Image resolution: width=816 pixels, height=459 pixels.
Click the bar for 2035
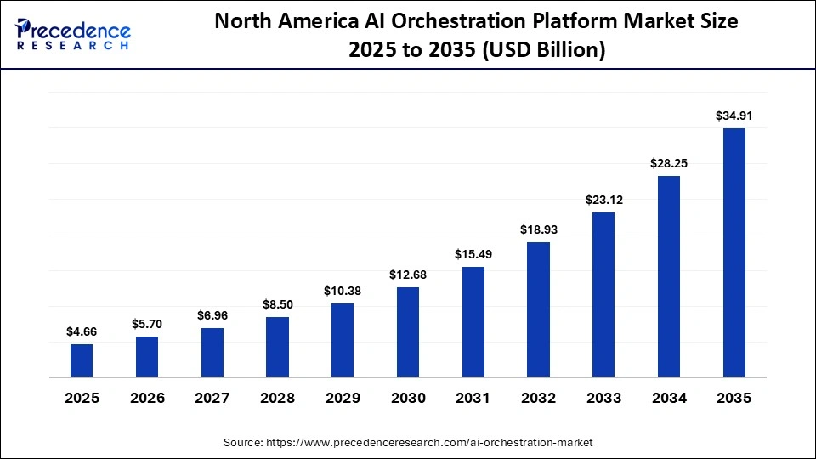coord(734,252)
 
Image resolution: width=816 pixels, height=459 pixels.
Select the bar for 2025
coord(82,360)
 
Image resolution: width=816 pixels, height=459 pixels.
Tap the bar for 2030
coord(408,331)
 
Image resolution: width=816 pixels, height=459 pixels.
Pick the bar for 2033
coord(603,294)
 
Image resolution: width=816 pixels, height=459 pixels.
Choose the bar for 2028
coord(277,346)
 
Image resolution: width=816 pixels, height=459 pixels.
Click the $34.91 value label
coord(734,116)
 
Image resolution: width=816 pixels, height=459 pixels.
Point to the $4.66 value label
coord(82,331)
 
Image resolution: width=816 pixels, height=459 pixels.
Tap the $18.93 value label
coord(538,229)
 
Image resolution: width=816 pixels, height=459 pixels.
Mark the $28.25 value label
coord(669,162)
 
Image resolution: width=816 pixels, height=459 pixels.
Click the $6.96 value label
coord(212,315)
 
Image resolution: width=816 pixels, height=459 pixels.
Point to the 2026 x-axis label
coord(147,398)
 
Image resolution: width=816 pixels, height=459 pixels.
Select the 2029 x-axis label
coord(343,398)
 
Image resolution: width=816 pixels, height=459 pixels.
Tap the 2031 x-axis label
coord(473,398)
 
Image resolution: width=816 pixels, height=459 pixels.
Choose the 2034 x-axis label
coord(669,398)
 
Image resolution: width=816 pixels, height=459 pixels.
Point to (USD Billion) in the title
coord(543,50)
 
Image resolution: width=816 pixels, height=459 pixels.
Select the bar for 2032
coord(538,309)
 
